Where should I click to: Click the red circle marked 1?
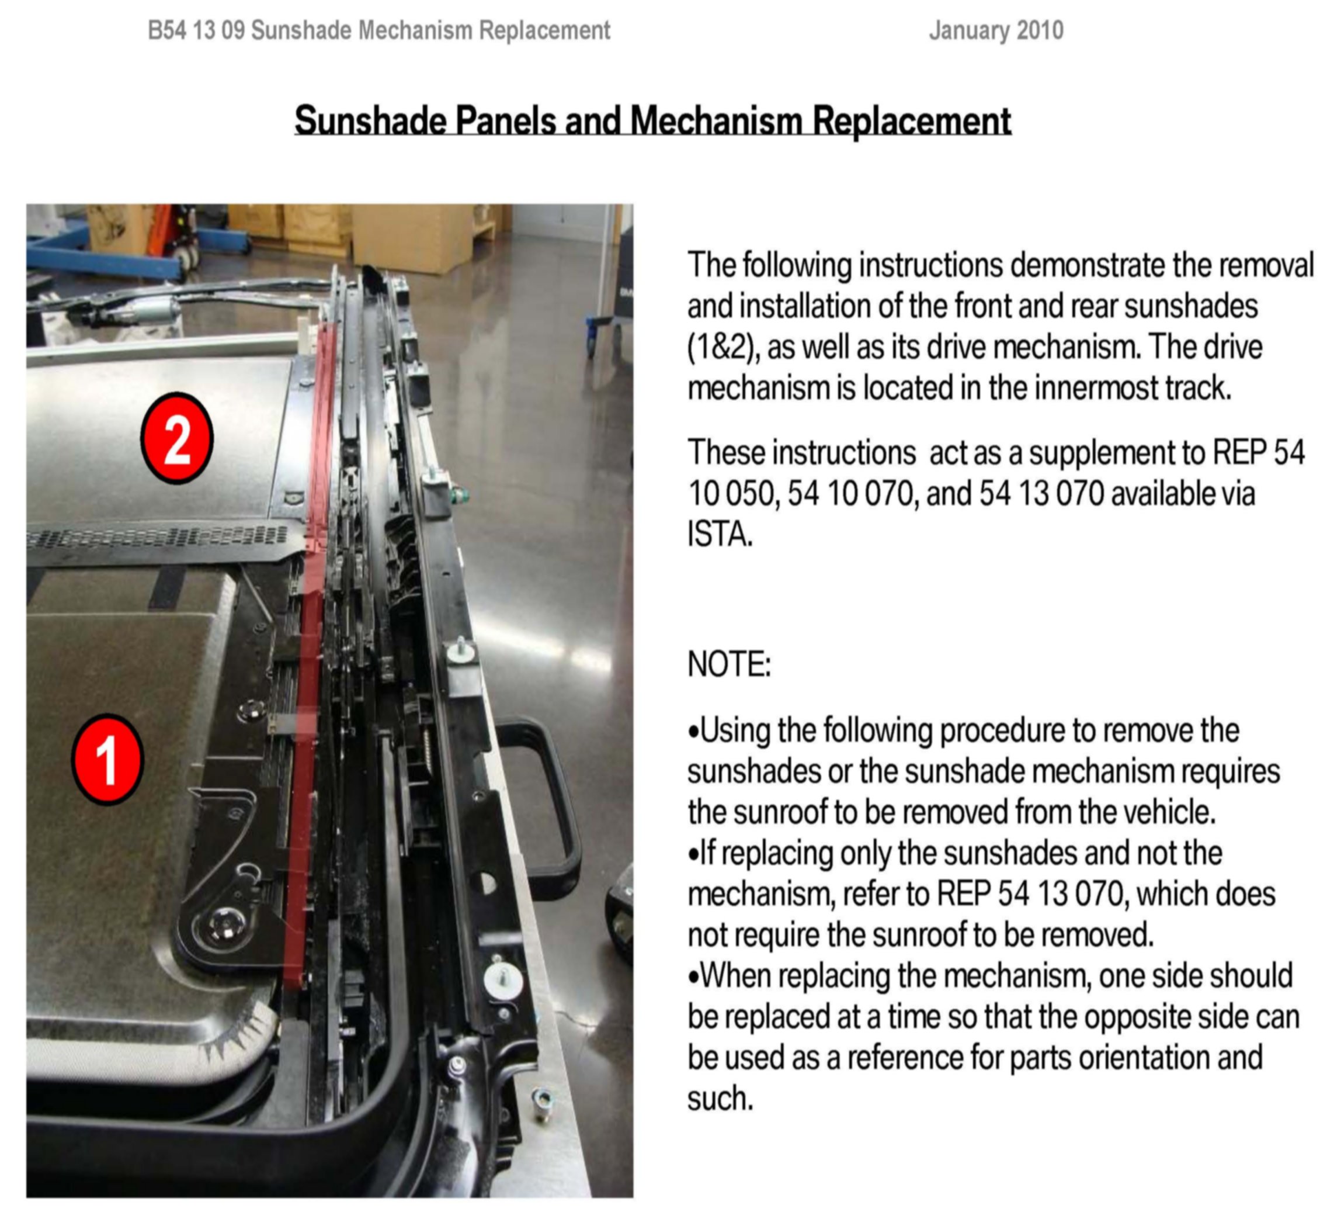coord(107,760)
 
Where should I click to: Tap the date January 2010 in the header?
coord(996,30)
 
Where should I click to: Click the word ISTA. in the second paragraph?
coord(720,534)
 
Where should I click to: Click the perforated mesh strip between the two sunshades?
coord(158,537)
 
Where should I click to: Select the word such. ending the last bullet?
coord(720,1099)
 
